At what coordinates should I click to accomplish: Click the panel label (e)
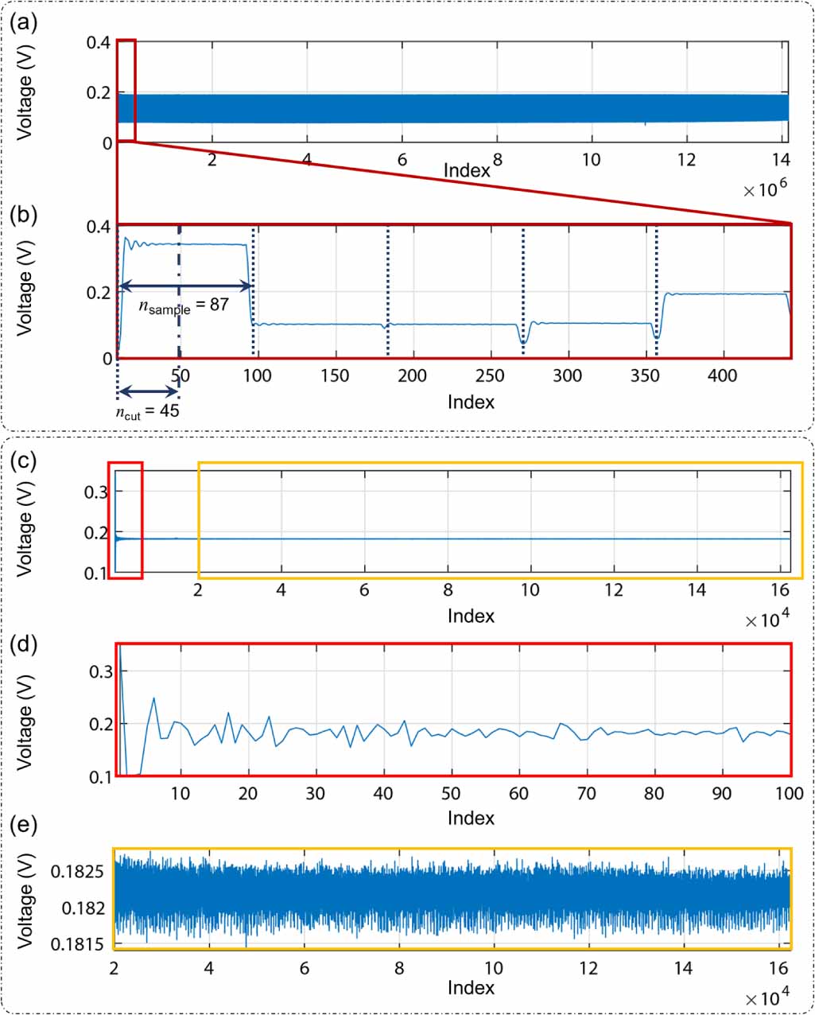coord(23,825)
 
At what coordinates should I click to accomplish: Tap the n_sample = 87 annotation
coord(184,305)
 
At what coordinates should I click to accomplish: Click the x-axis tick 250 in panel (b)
coord(490,375)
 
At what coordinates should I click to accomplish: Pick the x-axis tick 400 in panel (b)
coord(722,375)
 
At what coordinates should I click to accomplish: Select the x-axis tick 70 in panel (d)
coord(586,793)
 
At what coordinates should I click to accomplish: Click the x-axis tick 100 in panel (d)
coord(789,793)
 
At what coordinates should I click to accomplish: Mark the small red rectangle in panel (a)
coord(126,90)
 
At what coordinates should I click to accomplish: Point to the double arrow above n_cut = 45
coord(148,391)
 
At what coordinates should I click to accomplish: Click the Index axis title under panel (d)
coord(471,818)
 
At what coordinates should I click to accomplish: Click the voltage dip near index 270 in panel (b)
coord(522,340)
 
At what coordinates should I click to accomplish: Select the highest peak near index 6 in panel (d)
coord(153,698)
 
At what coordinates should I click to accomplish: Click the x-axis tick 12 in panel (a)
coord(685,160)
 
